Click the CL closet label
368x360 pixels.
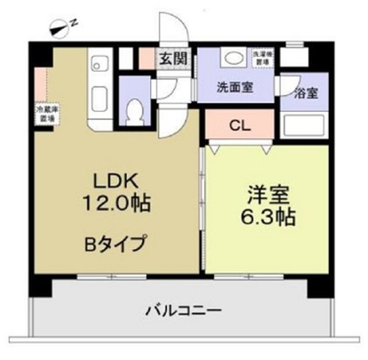(x=238, y=126)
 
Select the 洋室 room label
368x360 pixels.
(x=267, y=194)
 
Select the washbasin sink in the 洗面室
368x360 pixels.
(x=233, y=58)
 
